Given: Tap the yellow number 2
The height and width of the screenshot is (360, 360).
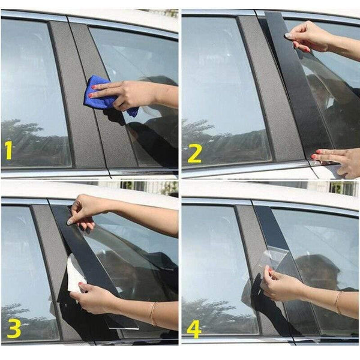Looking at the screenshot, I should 194,153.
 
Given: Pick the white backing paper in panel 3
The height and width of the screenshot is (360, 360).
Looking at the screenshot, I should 74,274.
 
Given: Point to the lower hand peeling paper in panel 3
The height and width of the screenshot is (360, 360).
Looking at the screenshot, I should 96,297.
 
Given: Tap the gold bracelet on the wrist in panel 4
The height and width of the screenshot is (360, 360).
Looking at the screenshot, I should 338,302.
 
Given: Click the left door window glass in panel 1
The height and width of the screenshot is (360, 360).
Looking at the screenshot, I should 30,90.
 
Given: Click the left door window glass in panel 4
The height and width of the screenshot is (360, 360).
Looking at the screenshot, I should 216,264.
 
